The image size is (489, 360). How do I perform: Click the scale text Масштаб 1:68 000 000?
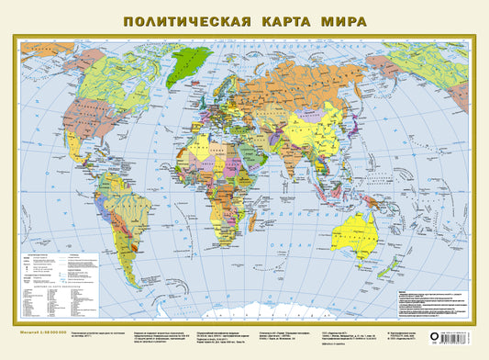click(x=42, y=332)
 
